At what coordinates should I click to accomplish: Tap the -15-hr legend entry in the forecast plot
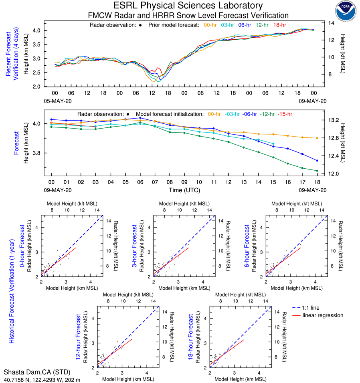click(x=285, y=114)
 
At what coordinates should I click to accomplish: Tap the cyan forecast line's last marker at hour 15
click(x=273, y=143)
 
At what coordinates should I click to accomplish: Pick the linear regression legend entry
click(x=323, y=315)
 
